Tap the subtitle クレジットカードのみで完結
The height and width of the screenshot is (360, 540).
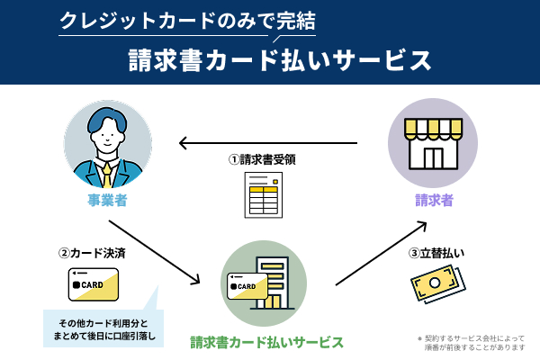click(186, 20)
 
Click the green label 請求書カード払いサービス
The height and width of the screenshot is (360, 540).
click(266, 342)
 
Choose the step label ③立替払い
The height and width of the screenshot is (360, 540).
click(436, 253)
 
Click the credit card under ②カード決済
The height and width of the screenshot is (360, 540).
click(94, 284)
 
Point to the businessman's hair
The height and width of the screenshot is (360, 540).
click(108, 121)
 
